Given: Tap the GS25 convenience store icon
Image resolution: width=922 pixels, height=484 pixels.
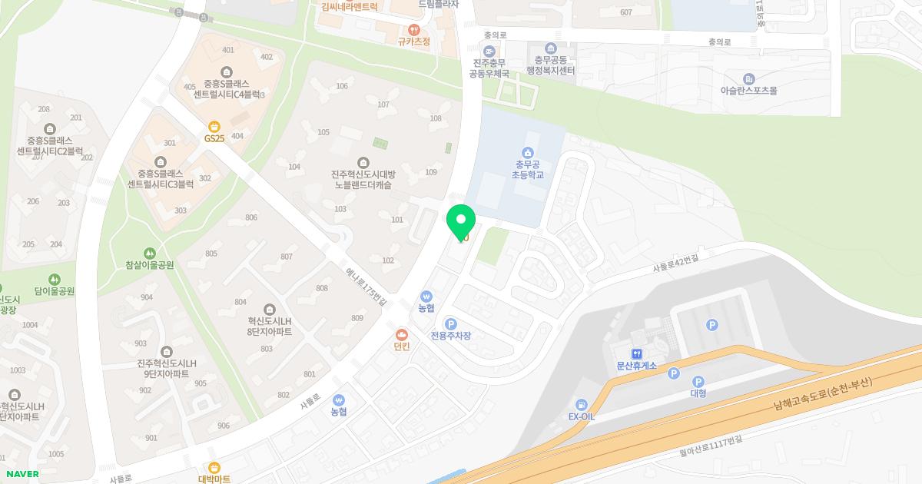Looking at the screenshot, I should (214, 126).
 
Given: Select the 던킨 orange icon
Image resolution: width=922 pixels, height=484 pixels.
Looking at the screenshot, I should (401, 334).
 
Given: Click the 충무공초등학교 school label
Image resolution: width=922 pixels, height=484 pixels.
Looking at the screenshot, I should (527, 169).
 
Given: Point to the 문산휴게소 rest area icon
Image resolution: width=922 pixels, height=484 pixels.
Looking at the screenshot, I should (637, 354).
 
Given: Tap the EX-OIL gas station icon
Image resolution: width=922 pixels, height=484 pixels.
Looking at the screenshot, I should (582, 405).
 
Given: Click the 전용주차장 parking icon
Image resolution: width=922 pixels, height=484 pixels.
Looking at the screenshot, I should (451, 324).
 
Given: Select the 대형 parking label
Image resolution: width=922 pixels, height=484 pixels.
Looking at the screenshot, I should (698, 393).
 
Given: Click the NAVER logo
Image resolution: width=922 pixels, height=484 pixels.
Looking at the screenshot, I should (21, 474).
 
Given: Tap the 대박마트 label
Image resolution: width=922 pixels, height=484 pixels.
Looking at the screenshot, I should (214, 479).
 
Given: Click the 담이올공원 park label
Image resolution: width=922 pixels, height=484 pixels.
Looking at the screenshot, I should (54, 291).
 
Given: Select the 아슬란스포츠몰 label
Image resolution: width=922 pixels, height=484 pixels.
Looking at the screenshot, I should (748, 90).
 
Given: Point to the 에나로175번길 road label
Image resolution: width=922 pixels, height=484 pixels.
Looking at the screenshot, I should (366, 287).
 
